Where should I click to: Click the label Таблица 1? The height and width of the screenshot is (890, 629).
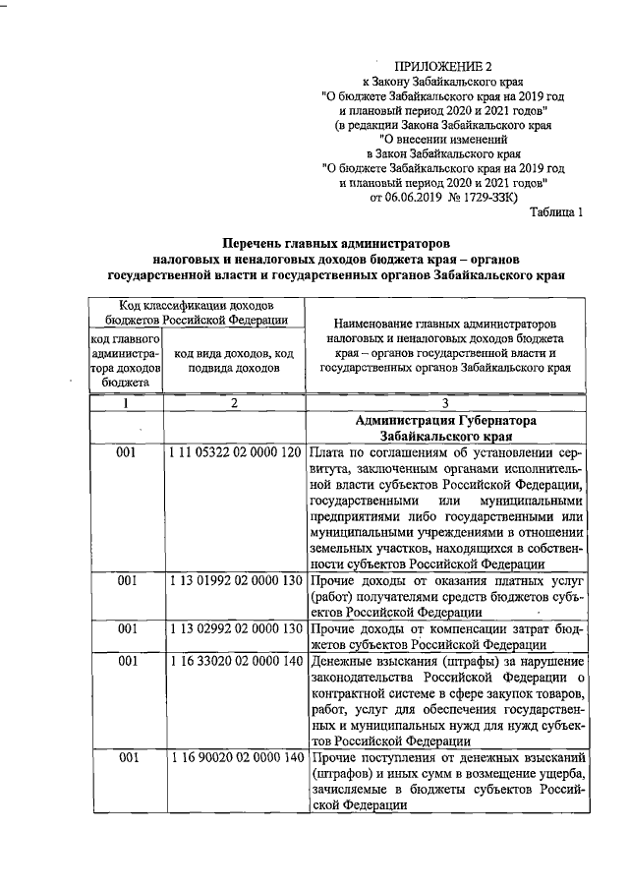pos(557,211)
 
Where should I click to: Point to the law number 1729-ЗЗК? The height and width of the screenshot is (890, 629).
pos(473,197)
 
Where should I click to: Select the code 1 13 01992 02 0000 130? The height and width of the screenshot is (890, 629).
pos(235,581)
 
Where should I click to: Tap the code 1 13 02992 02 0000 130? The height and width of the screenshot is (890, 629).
pos(235,628)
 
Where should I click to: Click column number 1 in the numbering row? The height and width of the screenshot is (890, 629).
pos(126,403)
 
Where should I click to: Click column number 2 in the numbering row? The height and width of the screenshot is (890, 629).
pos(235,403)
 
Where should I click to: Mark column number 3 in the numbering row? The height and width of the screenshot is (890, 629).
pos(447,403)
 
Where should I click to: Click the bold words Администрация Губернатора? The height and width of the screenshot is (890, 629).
pos(447,420)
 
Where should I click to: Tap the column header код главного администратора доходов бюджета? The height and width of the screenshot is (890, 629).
pos(125,361)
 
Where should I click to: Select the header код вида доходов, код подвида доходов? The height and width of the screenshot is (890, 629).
pos(235,361)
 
